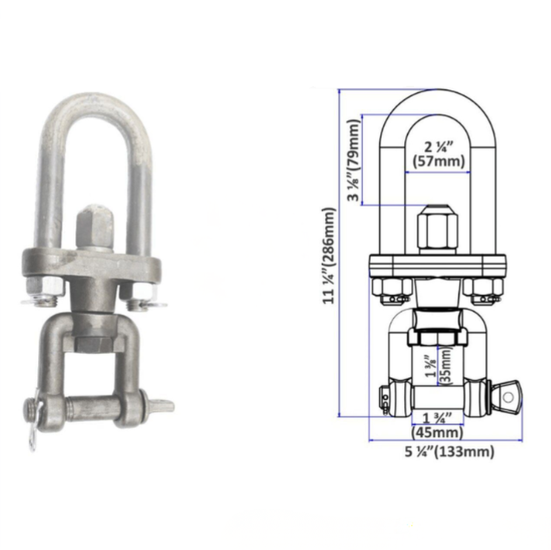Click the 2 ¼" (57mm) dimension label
click(438, 153)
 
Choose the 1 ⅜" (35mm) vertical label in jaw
click(437, 364)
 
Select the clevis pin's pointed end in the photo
click(162, 405)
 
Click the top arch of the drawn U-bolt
click(437, 98)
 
